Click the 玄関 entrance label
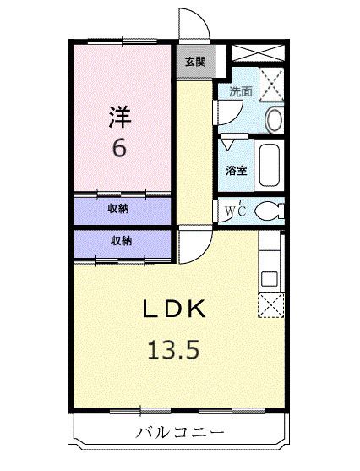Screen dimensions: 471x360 (195, 61)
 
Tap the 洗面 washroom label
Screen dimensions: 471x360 (240, 92)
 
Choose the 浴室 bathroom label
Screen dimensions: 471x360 (237, 170)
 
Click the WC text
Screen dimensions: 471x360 (236, 211)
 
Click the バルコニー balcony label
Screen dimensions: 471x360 (180, 433)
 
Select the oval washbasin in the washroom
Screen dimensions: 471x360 (275, 119)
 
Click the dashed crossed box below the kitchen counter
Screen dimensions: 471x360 (270, 306)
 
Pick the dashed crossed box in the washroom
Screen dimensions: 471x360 (272, 85)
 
